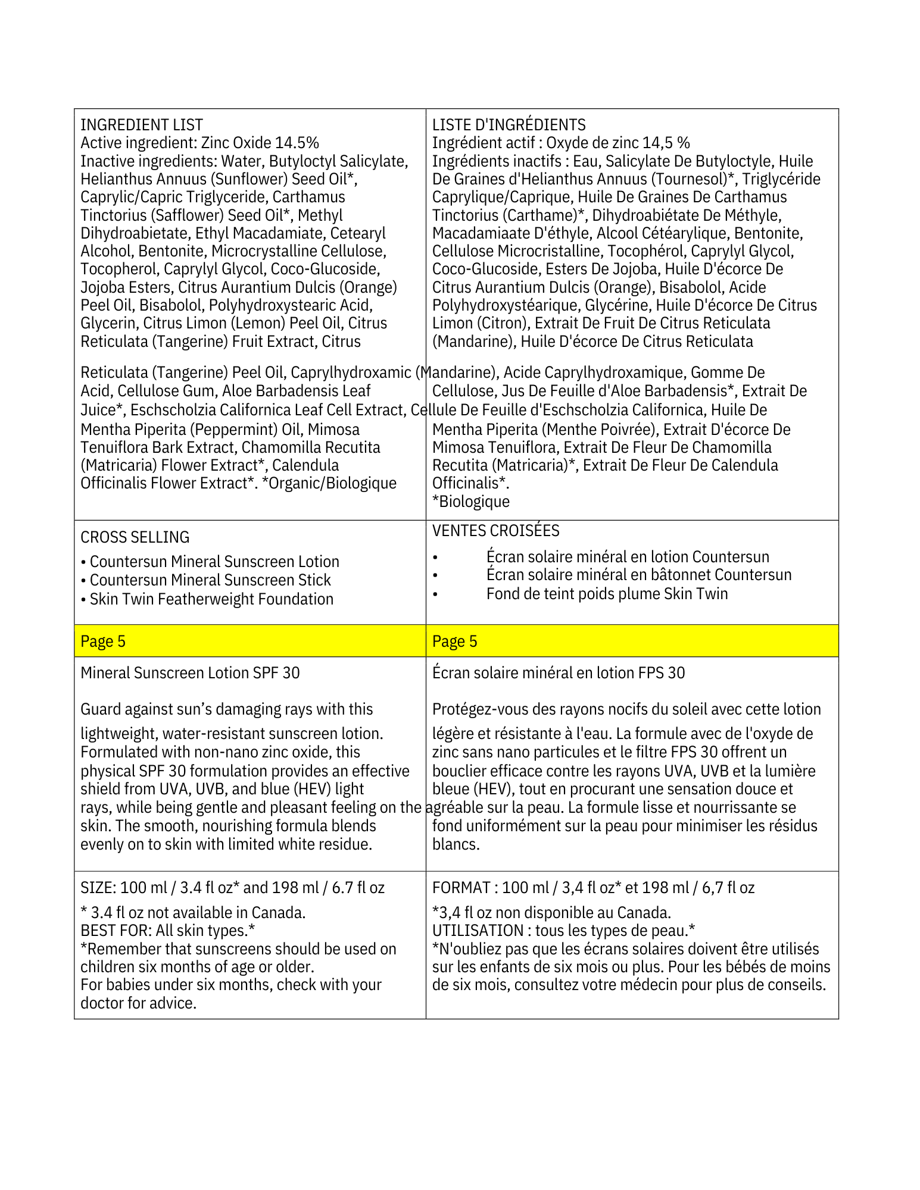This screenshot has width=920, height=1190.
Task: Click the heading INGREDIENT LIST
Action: (142, 125)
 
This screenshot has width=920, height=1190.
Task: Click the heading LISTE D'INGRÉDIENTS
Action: (509, 125)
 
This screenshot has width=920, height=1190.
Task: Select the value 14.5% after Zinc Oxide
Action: (297, 143)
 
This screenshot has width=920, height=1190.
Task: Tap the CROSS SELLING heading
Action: (135, 537)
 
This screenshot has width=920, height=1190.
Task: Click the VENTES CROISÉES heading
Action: (495, 530)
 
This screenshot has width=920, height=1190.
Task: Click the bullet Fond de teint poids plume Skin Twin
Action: (607, 594)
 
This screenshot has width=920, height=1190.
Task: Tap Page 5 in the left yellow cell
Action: (103, 641)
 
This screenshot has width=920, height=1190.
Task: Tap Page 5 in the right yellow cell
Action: (454, 641)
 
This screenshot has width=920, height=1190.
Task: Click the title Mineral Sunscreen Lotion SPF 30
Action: (190, 673)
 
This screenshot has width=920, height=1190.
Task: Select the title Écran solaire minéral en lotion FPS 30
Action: (558, 673)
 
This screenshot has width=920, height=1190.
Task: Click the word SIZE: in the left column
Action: (98, 888)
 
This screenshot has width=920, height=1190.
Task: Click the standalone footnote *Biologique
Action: (471, 502)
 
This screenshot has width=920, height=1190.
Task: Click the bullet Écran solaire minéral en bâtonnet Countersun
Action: (638, 575)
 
